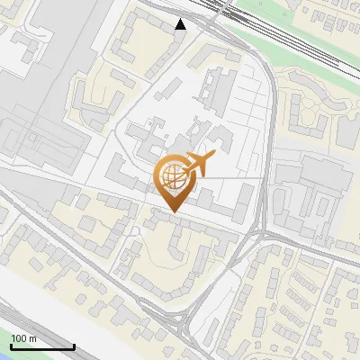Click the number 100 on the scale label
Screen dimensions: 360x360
click(18, 338)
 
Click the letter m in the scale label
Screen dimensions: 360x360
click(31, 338)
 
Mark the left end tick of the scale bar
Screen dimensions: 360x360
click(10, 345)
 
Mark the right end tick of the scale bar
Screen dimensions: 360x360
click(74, 345)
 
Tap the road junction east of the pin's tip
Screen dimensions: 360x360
click(262, 232)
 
